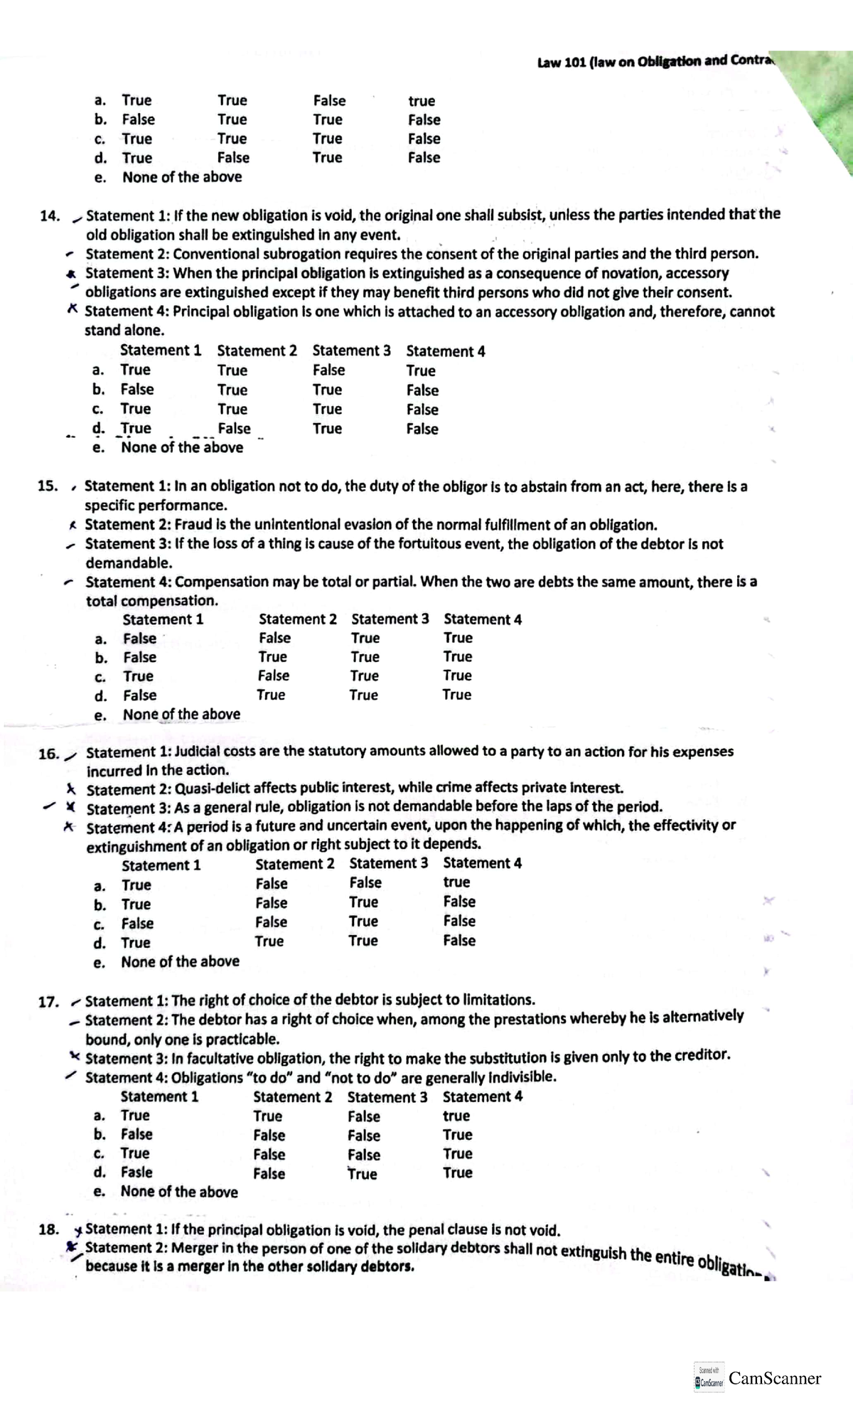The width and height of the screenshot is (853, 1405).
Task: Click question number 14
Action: (x=49, y=216)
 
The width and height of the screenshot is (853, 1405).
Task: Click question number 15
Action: (x=48, y=486)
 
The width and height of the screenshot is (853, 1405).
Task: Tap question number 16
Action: (x=48, y=754)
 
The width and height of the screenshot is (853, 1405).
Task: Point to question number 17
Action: (x=48, y=1002)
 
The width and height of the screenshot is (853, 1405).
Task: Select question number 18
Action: (x=49, y=1229)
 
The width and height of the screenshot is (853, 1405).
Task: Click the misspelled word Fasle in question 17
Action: (x=136, y=1172)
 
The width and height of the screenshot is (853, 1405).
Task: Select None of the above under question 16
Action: (x=180, y=961)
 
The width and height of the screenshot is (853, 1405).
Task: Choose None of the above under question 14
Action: (x=182, y=447)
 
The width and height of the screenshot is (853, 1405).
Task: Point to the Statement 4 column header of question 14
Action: (x=446, y=351)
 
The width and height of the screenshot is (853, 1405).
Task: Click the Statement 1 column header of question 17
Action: (x=159, y=1096)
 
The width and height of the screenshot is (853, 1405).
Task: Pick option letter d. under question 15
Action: (x=101, y=695)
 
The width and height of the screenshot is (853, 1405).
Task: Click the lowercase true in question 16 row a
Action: (x=456, y=882)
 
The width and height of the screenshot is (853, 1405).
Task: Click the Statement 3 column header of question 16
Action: (x=389, y=863)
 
